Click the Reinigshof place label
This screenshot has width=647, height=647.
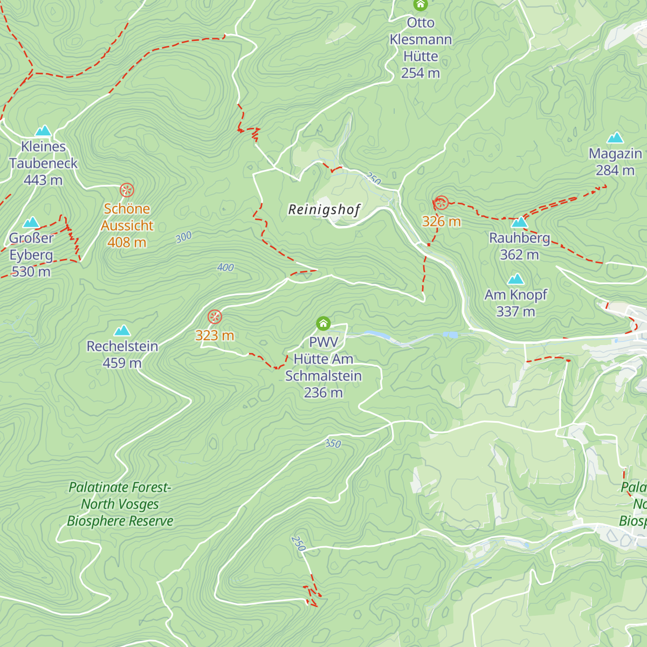tap(324, 209)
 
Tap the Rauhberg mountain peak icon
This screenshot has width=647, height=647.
tap(519, 222)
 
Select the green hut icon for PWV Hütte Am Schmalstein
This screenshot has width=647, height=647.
tap(323, 323)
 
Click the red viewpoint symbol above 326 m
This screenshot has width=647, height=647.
tap(441, 203)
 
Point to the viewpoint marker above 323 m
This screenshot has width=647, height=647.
tap(215, 316)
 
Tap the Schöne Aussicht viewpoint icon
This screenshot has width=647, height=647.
tap(127, 190)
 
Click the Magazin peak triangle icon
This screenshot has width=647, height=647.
tap(615, 138)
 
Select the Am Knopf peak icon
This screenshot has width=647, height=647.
tap(516, 279)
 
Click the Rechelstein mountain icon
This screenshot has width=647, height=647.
tap(122, 330)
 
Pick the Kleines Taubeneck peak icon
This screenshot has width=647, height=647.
tap(43, 130)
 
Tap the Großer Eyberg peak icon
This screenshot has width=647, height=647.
tap(31, 222)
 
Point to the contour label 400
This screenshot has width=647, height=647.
tap(225, 267)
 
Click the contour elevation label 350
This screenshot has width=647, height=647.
tap(333, 443)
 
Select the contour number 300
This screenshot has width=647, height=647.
tap(183, 237)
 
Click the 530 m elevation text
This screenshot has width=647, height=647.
tap(31, 272)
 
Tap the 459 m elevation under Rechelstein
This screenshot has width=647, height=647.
tap(122, 363)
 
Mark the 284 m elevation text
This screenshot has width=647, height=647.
tap(615, 170)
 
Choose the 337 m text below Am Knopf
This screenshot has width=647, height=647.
tap(515, 312)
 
